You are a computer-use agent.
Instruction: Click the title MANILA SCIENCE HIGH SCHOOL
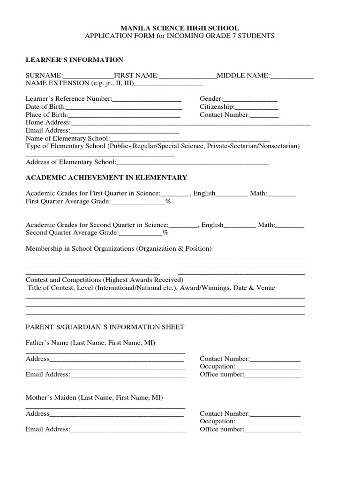point(180,28)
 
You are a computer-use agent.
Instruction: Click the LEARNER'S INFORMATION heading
point(74,60)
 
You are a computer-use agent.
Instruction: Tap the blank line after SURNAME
point(89,76)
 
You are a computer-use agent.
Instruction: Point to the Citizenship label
point(218,107)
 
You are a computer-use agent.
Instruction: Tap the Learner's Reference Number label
point(68,99)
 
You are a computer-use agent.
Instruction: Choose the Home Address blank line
point(190,123)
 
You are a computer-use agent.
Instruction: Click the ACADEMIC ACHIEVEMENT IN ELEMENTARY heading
point(106,177)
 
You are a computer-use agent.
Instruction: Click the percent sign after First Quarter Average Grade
point(168,201)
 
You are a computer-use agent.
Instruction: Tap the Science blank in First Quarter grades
point(175,194)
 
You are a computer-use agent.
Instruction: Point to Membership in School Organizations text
point(119,248)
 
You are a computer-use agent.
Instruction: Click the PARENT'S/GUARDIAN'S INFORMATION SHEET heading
point(105,327)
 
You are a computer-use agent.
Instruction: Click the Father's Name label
point(90,343)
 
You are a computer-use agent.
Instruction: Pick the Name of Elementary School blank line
point(190,139)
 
